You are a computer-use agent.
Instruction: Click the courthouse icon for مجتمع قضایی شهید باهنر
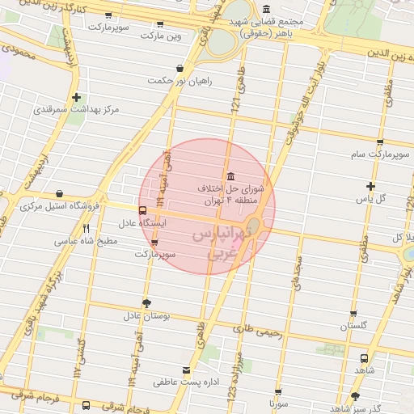click(267, 10)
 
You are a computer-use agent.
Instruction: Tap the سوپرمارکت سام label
click(378, 154)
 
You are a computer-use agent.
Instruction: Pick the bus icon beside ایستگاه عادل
click(143, 211)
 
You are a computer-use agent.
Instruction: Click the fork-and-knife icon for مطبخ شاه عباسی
click(86, 229)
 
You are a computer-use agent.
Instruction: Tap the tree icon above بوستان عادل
click(146, 303)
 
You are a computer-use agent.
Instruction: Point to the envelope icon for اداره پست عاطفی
click(188, 369)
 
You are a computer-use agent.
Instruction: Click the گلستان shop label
click(353, 325)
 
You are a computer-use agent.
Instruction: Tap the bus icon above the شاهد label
click(363, 357)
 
